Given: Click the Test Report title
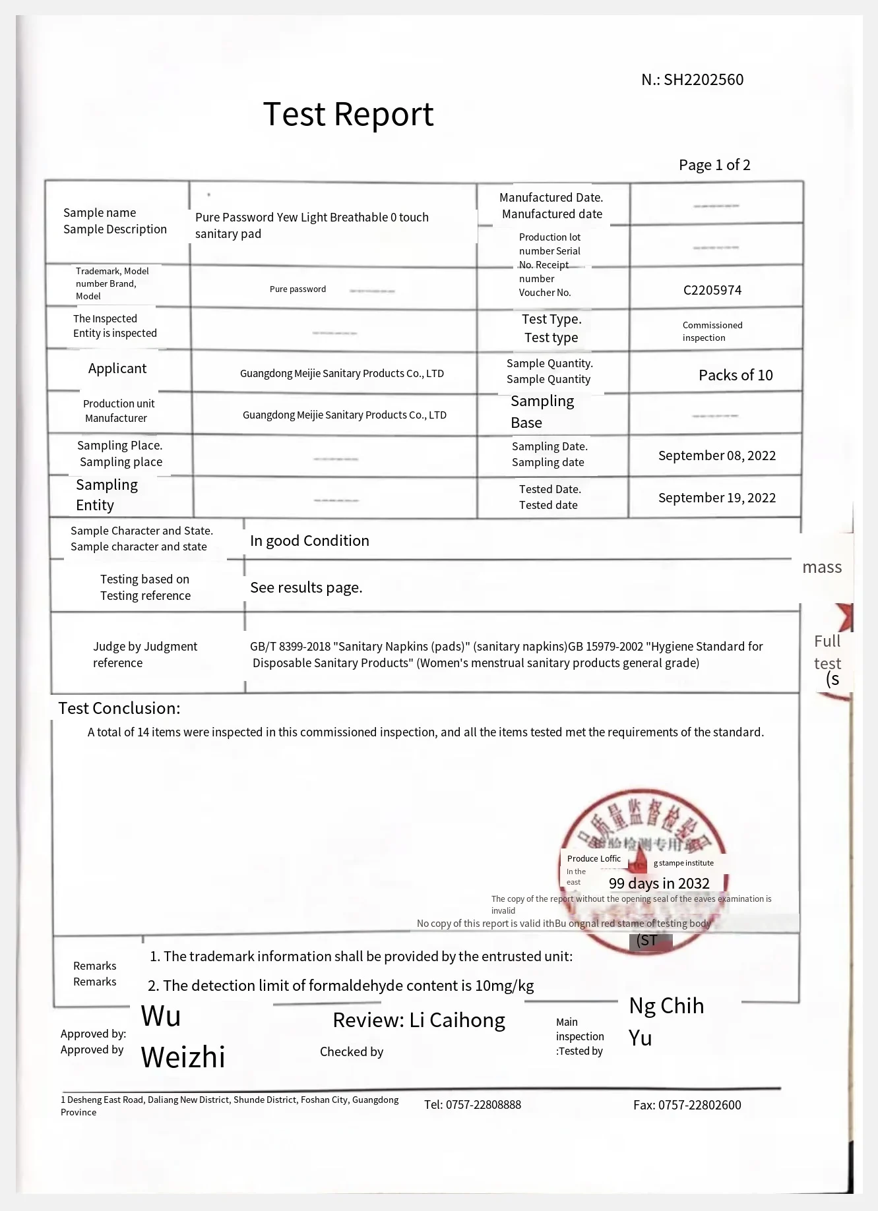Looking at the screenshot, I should click(x=348, y=115).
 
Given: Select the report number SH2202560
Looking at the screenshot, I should click(x=703, y=80).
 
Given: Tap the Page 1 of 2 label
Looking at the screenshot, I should click(x=714, y=165).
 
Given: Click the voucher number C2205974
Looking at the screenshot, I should click(x=712, y=290).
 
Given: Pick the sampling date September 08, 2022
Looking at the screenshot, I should click(x=716, y=456).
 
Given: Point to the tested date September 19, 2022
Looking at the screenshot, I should click(x=716, y=498).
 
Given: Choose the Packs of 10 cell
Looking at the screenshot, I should click(x=736, y=375).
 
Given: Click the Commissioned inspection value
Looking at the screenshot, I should click(x=712, y=331).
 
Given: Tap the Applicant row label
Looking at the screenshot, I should click(x=117, y=369).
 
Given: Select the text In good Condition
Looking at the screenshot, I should click(x=309, y=541).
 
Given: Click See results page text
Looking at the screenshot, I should click(x=306, y=587).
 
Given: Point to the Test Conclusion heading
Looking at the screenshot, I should click(x=119, y=708).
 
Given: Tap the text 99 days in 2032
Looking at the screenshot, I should click(x=659, y=883).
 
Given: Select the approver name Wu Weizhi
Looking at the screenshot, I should click(x=183, y=1036).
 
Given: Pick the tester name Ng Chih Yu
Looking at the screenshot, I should click(x=666, y=1021).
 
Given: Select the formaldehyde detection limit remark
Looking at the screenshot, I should click(x=341, y=986).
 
